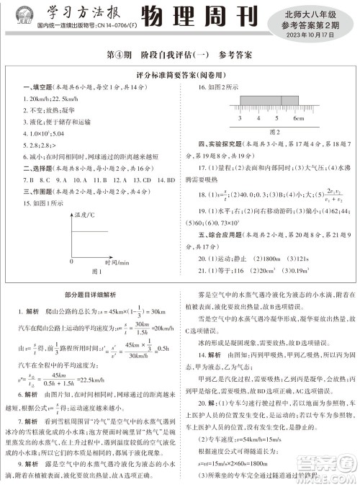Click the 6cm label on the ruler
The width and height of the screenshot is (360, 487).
[x=298, y=117]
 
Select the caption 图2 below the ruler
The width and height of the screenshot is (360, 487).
[x=274, y=132]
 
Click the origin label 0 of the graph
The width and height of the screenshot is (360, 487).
[x=71, y=261]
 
